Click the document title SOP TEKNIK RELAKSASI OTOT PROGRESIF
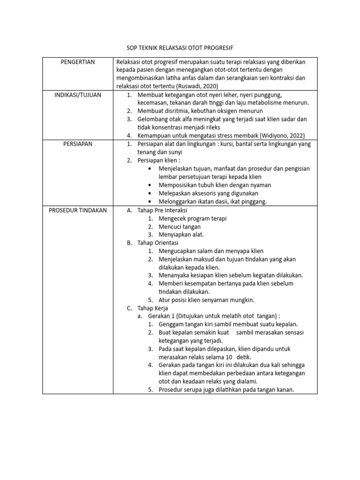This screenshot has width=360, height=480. [x=180, y=48]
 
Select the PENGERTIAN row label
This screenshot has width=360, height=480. [x=78, y=62]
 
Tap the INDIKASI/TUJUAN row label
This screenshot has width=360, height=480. [x=78, y=95]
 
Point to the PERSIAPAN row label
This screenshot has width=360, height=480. [x=78, y=144]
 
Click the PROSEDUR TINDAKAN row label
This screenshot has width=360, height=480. [x=78, y=210]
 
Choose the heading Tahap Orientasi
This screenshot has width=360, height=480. [x=157, y=243]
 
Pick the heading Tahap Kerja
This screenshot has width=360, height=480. [x=152, y=308]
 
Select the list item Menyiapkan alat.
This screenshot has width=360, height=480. [x=181, y=234]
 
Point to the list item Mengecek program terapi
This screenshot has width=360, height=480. [x=193, y=218]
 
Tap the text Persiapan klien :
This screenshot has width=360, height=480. [x=158, y=160]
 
